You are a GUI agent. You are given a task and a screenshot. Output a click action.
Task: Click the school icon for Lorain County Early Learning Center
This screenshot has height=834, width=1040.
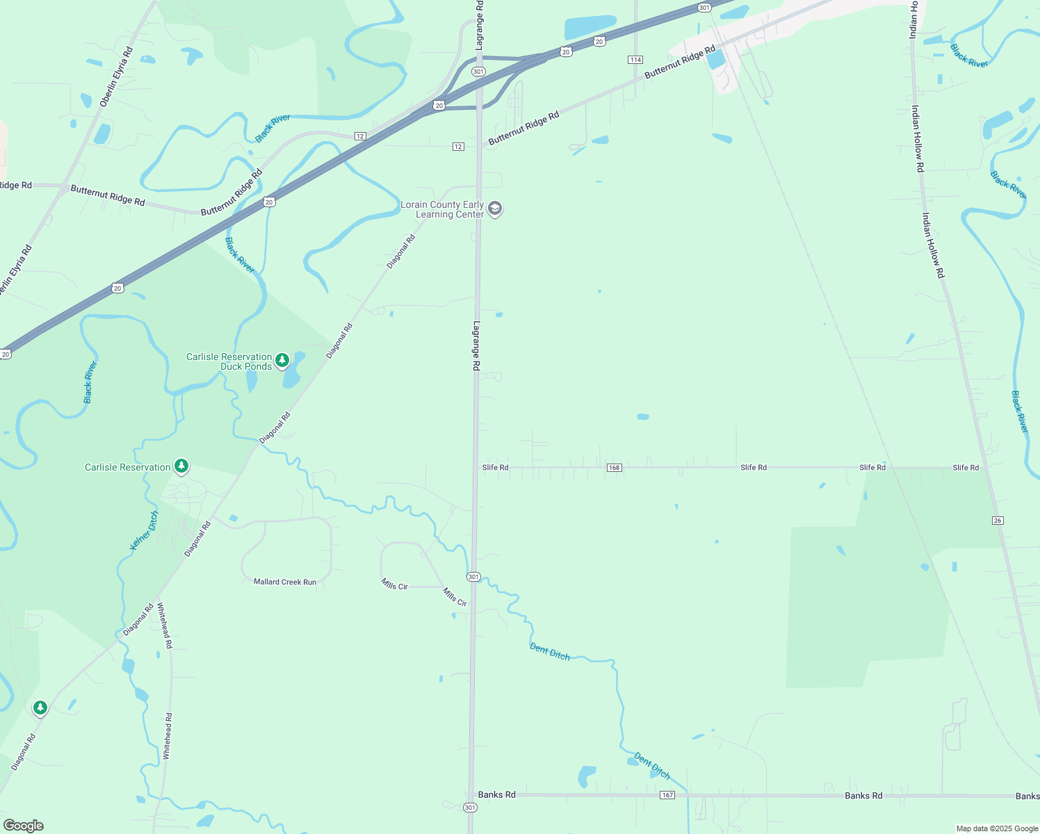[495, 208]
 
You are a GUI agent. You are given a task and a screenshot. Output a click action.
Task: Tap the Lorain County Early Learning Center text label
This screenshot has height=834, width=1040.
[442, 209]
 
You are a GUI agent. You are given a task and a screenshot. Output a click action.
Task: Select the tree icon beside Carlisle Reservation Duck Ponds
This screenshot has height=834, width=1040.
[282, 360]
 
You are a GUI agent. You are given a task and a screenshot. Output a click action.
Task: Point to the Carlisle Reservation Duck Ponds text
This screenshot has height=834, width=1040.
[229, 361]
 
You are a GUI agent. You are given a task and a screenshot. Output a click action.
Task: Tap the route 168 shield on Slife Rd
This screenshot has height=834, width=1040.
[614, 468]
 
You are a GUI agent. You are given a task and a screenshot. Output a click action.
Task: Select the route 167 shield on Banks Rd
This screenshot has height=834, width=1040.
[667, 795]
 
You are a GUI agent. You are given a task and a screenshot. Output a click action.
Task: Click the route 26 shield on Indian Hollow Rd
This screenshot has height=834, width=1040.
[998, 521]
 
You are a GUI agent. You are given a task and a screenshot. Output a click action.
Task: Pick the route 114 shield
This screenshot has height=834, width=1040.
[635, 60]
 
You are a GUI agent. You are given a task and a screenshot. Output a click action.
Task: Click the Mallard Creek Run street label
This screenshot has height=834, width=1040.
[285, 582]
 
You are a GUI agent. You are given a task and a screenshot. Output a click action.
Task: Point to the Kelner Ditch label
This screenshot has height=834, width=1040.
[145, 530]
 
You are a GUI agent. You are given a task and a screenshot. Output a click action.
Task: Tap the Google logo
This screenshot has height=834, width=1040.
[24, 826]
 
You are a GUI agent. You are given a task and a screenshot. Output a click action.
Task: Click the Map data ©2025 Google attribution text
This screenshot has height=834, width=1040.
[997, 828]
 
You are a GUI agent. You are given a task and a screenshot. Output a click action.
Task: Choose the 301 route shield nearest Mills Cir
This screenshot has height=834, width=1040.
[473, 577]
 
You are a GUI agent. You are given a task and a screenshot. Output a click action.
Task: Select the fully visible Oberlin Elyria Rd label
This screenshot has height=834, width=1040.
[116, 77]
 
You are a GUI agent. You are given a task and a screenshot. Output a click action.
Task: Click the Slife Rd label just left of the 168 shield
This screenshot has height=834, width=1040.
[496, 468]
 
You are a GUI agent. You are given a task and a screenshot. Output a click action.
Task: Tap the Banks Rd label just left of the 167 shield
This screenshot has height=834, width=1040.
[496, 794]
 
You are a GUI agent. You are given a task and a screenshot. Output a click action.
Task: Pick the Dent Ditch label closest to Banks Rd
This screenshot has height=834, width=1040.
[652, 765]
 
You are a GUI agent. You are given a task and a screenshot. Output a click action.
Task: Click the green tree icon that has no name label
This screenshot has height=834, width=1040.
[40, 708]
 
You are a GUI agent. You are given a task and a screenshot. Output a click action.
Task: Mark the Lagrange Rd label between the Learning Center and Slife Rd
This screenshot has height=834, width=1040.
[477, 345]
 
